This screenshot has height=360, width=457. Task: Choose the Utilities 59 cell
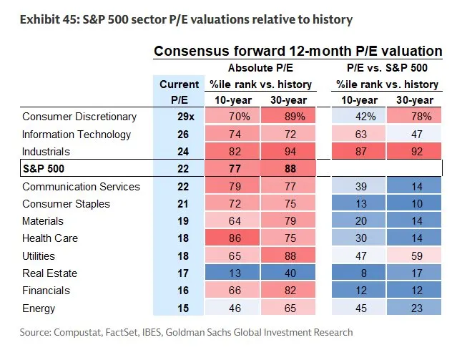[x=416, y=256]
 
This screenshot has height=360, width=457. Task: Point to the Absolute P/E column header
[x=260, y=68]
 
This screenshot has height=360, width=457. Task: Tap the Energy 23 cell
[x=416, y=308]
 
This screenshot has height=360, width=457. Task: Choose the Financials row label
[x=46, y=291]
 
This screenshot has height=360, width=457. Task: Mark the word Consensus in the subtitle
[x=188, y=51]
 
